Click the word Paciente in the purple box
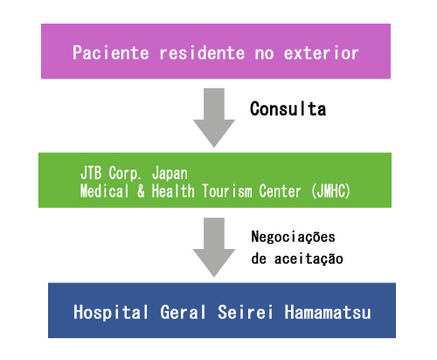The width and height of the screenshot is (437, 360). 111,52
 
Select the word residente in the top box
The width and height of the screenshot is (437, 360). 202,52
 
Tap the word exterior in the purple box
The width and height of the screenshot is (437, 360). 321,52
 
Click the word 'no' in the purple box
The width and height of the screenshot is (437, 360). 265,54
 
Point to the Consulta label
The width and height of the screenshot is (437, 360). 288,108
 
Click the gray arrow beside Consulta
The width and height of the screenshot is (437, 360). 214,118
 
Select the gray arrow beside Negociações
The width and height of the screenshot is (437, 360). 214,247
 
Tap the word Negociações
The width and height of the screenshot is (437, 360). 293,238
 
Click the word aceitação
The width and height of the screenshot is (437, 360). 309,259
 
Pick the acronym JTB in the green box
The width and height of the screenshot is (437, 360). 91,173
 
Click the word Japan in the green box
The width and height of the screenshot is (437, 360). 170,174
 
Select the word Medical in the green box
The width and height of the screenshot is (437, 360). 104,191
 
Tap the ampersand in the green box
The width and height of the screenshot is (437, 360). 141,191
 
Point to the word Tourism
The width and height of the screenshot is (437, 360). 227,191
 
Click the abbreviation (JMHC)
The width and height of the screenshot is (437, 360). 331,191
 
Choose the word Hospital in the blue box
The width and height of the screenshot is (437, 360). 111,313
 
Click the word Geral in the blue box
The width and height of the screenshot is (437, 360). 183,312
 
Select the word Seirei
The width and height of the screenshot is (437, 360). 246,312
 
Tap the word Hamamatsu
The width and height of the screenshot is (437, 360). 328,312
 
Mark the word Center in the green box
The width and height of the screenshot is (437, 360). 280,191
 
